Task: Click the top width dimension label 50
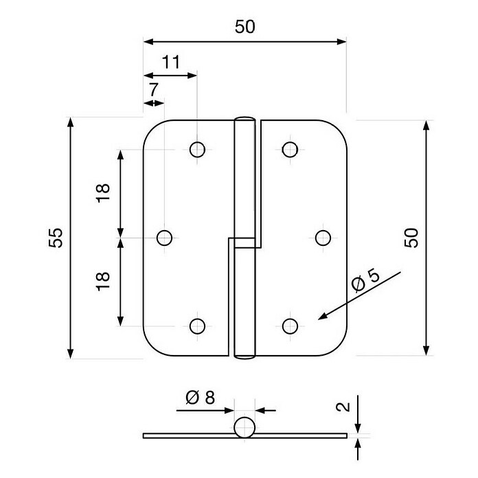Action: [244, 27]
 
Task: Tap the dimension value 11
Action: [171, 62]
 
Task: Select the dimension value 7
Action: [153, 89]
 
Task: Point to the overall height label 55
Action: [56, 238]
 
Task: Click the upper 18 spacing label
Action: [103, 193]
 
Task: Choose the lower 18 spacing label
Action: [103, 282]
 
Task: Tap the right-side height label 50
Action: [411, 238]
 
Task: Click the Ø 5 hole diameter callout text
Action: [365, 281]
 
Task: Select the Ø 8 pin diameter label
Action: [201, 398]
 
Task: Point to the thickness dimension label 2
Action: [343, 407]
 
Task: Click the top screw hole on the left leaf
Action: [197, 150]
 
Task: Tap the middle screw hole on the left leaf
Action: [164, 238]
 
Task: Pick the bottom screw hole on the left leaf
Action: [197, 326]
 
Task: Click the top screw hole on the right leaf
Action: [290, 150]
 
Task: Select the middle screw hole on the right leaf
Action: [323, 238]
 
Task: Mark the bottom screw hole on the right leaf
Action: [290, 326]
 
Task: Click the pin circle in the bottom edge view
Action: [244, 427]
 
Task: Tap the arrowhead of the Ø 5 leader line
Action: [319, 319]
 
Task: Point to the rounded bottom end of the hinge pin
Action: [244, 356]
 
